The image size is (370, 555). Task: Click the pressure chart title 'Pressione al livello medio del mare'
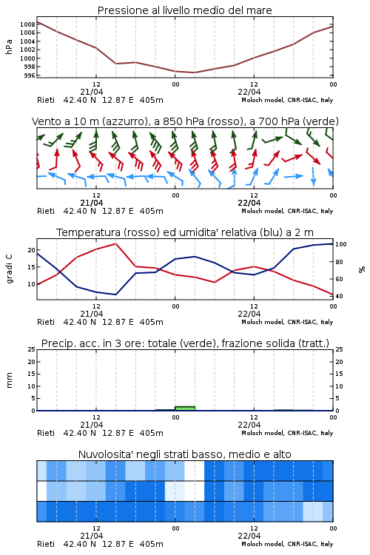184,10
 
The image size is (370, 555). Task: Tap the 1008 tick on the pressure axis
27,24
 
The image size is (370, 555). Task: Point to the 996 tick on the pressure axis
30,75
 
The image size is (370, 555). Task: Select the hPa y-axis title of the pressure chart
9,47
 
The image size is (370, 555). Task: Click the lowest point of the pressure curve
194,73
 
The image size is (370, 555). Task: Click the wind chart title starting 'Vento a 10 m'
185,121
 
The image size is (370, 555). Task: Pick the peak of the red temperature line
115,243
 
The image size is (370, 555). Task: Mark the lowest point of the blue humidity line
115,295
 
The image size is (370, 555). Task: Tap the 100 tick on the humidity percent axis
341,244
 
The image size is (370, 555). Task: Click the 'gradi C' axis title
9,269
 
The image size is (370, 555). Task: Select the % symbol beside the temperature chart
362,269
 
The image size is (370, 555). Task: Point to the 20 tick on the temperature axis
32,250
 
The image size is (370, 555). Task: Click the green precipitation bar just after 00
185,408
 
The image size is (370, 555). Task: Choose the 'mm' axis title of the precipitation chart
9,380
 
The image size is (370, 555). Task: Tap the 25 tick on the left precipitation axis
32,349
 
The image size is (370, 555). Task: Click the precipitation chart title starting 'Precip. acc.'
185,343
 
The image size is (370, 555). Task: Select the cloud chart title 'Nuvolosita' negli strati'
184,454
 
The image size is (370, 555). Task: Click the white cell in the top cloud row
195,471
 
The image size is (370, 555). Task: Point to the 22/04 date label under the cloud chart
249,536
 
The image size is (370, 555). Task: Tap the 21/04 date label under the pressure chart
92,92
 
